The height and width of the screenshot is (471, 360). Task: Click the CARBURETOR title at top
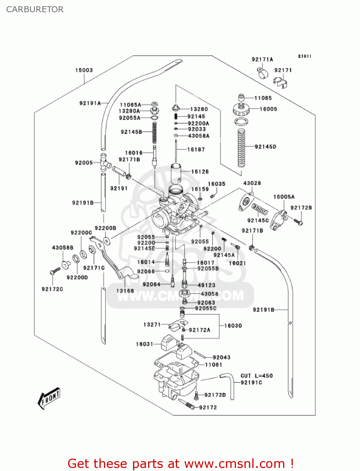click(x=35, y=9)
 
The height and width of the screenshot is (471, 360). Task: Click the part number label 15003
click(x=84, y=70)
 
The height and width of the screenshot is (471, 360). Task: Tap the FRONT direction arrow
click(x=49, y=398)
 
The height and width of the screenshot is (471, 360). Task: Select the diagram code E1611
click(x=304, y=56)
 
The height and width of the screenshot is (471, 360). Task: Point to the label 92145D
click(x=266, y=147)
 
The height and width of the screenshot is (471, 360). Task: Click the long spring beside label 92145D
click(x=241, y=148)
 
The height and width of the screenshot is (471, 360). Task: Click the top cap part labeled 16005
click(x=241, y=109)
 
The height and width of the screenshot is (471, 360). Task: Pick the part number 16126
click(x=200, y=171)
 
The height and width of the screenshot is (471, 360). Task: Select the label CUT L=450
click(x=256, y=376)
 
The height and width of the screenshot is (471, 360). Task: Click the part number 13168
click(x=125, y=291)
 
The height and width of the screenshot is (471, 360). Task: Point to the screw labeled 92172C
click(x=55, y=271)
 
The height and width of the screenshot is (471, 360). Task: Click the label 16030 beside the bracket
click(x=233, y=326)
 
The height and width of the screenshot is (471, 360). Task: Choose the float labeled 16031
click(x=169, y=343)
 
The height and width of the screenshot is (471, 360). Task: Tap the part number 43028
click(x=252, y=183)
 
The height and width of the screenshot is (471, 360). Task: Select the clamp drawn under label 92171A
click(x=263, y=73)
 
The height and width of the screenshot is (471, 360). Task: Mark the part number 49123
click(x=207, y=285)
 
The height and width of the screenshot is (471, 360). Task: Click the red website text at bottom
click(x=180, y=463)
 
